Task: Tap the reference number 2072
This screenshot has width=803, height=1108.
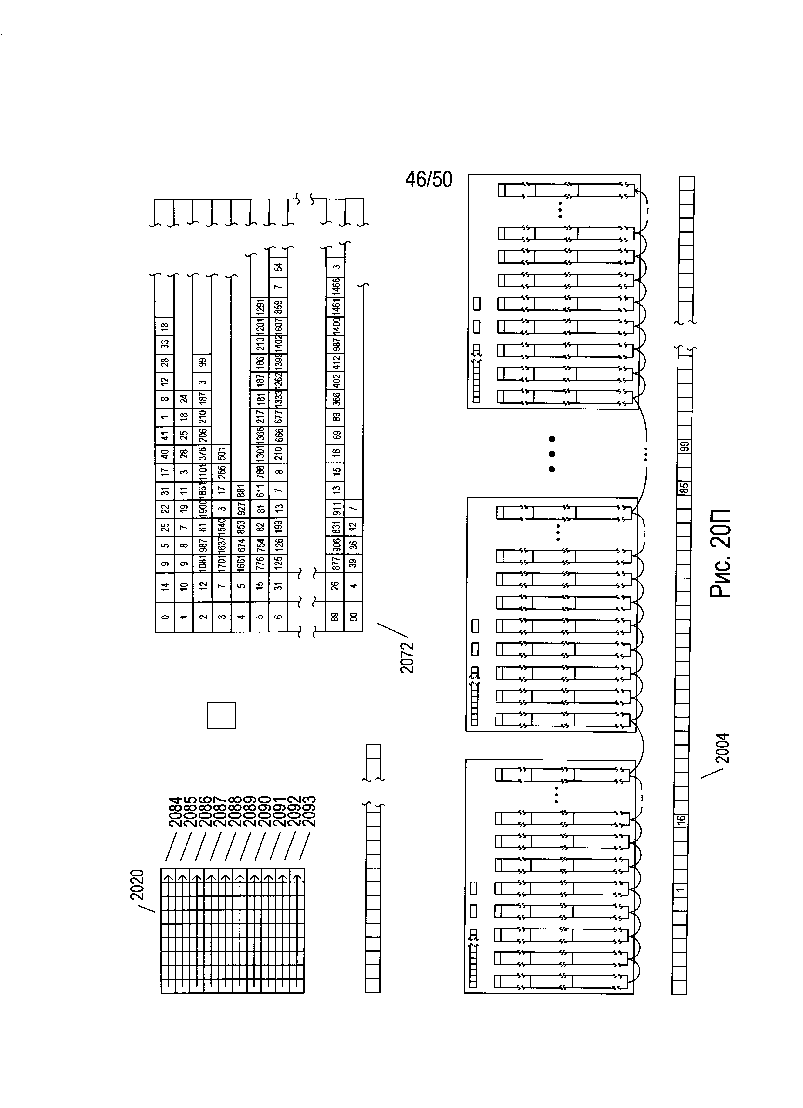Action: pos(406,657)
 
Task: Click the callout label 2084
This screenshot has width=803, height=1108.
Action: pos(175,811)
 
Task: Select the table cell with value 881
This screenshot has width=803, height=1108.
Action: pos(241,490)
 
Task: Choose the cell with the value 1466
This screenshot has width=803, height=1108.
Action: pos(335,288)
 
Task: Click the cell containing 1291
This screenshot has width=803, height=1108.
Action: pos(260,307)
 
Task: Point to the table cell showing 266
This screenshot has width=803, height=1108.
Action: pos(222,472)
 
